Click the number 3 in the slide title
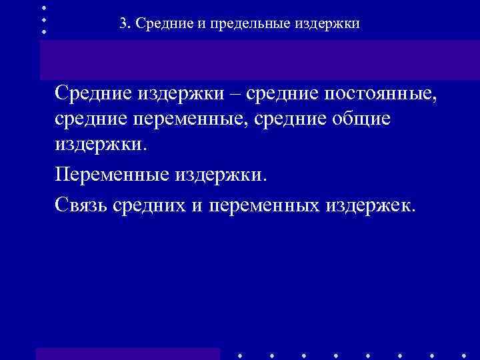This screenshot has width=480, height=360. click(123, 24)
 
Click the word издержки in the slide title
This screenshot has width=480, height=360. click(327, 24)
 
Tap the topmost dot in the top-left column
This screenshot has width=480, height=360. click(44, 7)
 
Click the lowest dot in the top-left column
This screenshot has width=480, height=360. click(44, 31)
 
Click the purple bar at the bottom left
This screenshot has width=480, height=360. click(127, 353)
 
